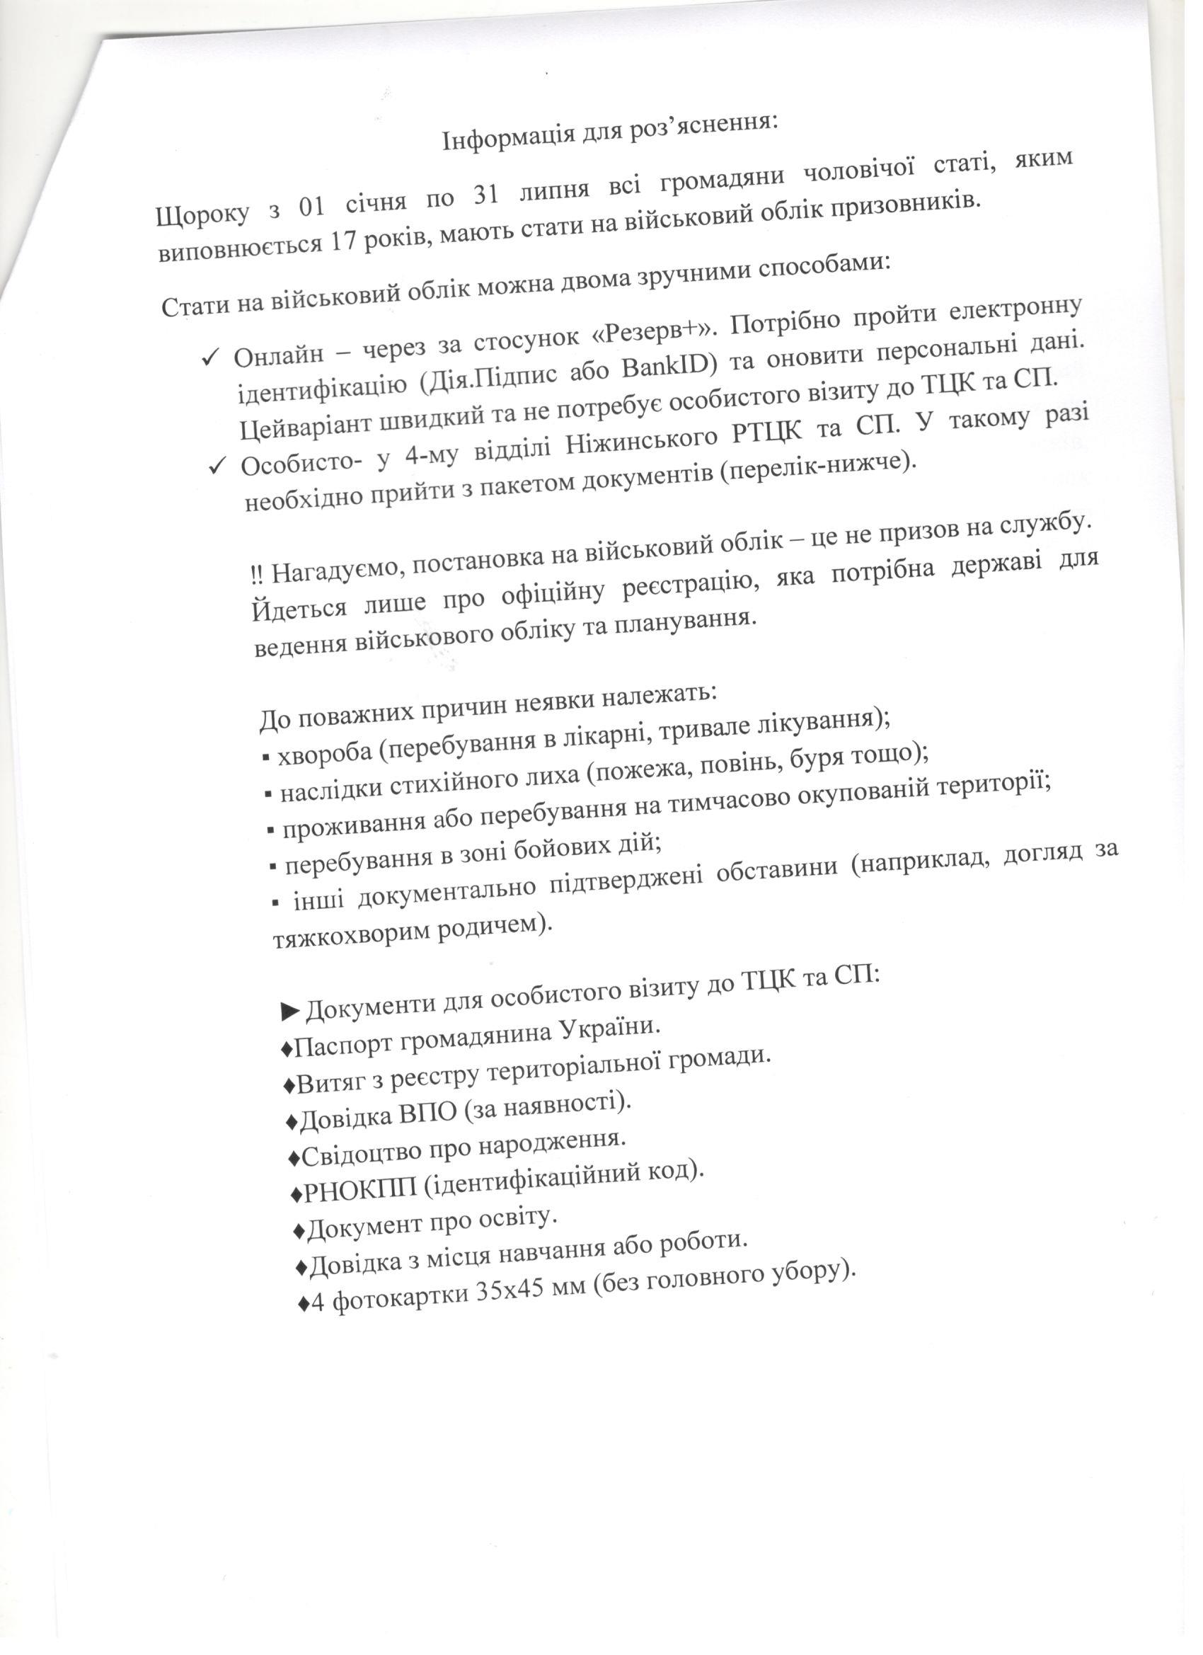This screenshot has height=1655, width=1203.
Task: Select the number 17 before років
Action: click(x=346, y=241)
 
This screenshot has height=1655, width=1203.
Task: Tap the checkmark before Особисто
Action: click(x=217, y=465)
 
